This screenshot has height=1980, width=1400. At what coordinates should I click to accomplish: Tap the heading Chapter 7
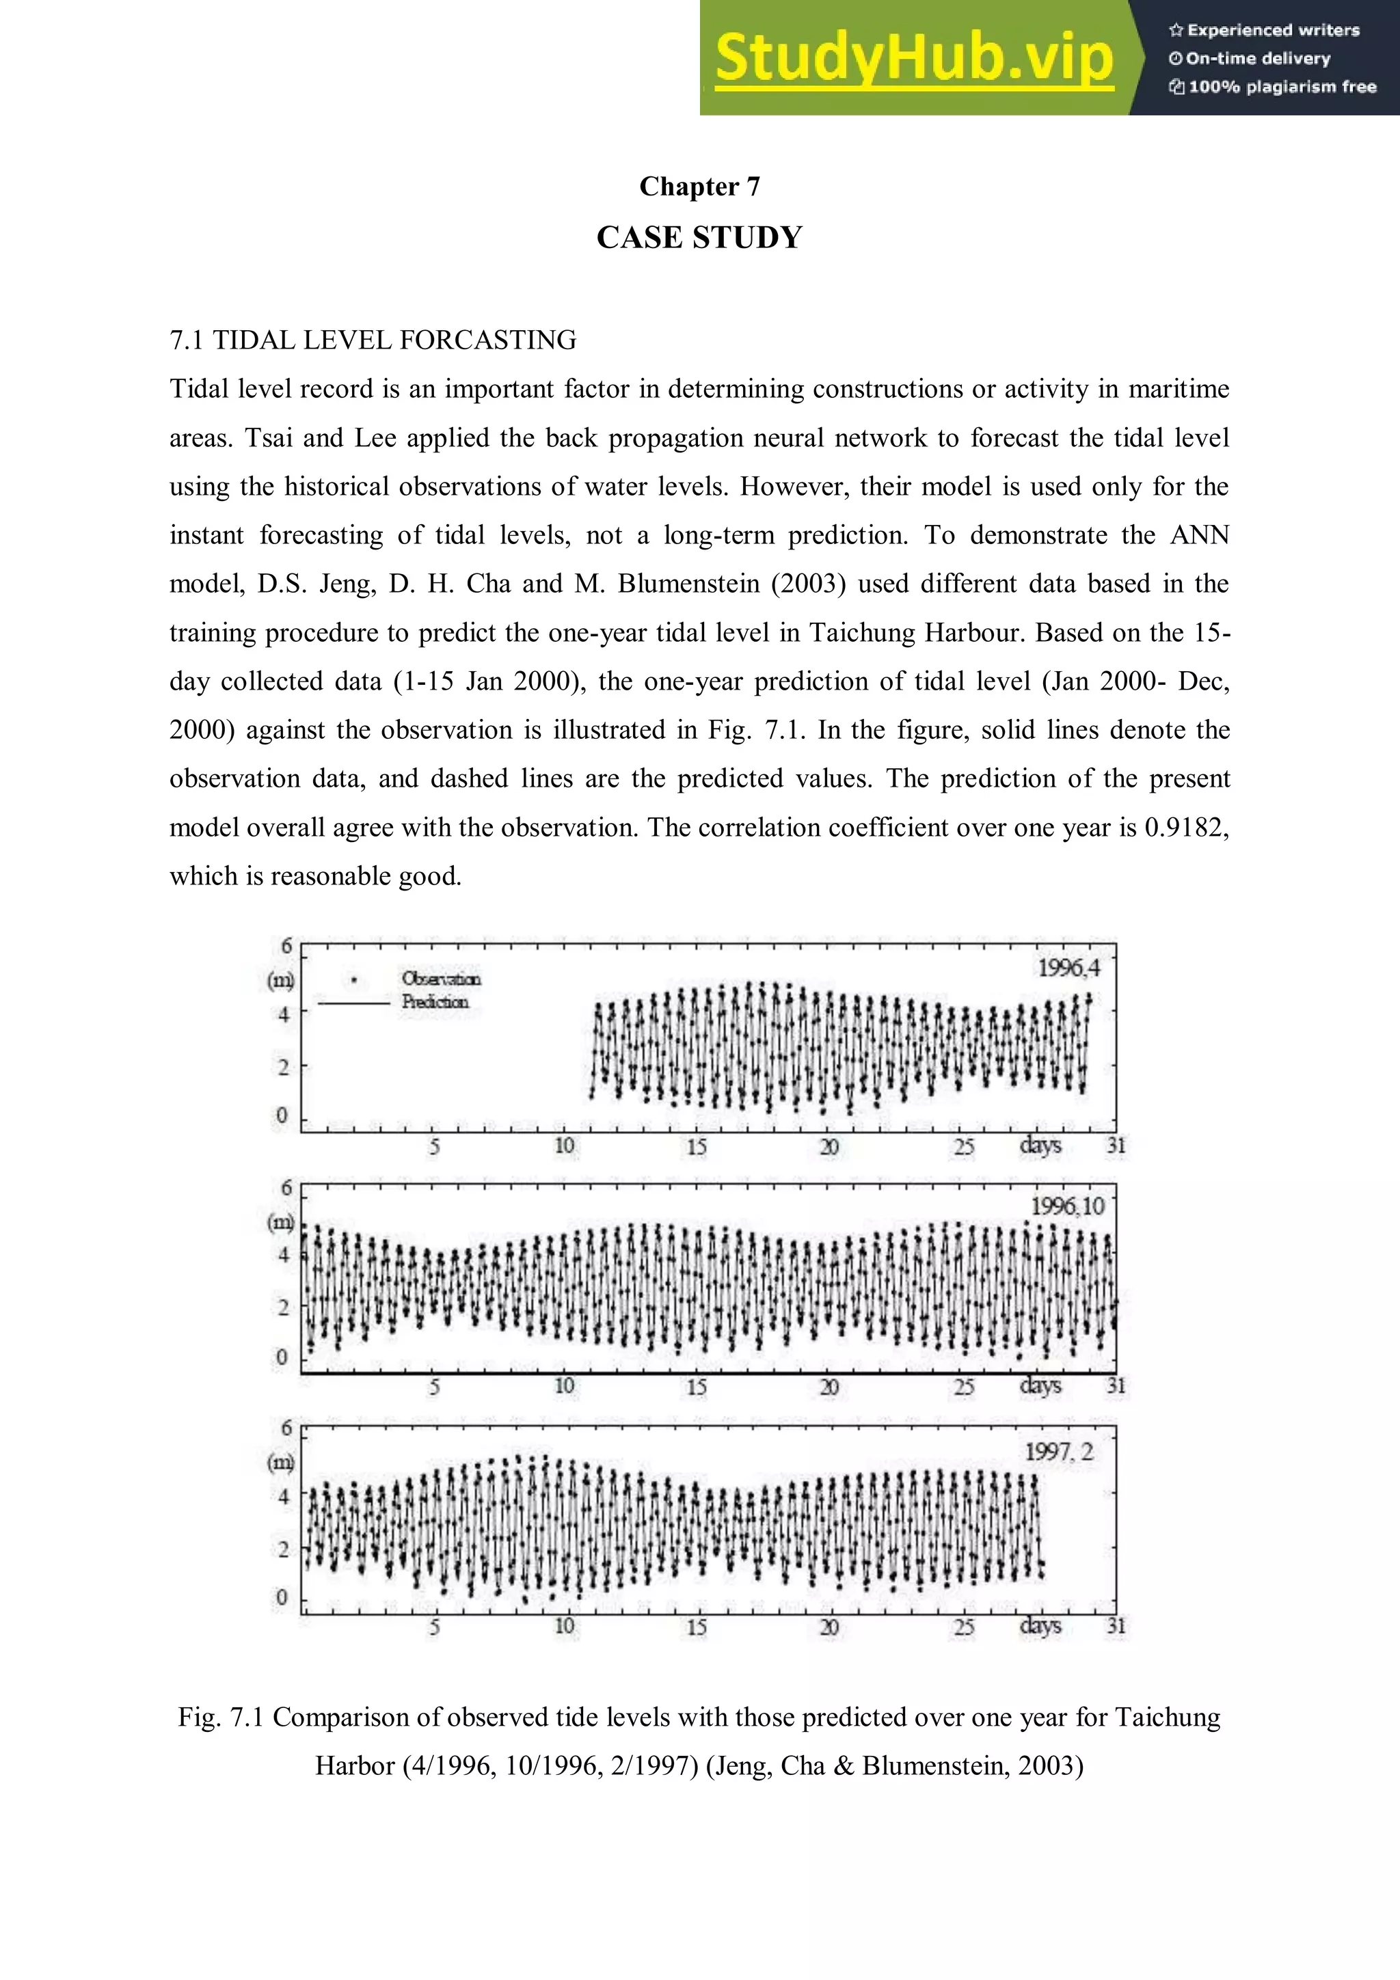pyautogui.click(x=699, y=187)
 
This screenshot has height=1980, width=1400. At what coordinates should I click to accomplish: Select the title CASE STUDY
pyautogui.click(x=699, y=237)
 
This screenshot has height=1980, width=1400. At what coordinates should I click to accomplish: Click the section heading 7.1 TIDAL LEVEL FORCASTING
pyautogui.click(x=373, y=340)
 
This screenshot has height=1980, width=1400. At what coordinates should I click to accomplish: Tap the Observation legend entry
pyautogui.click(x=441, y=979)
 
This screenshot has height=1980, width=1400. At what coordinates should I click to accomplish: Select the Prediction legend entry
pyautogui.click(x=435, y=1002)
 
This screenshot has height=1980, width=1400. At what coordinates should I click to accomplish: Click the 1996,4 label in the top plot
pyautogui.click(x=1068, y=968)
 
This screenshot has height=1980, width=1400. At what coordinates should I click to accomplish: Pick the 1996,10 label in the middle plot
pyautogui.click(x=1067, y=1206)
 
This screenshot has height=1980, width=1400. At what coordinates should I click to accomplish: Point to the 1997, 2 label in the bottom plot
pyautogui.click(x=1058, y=1452)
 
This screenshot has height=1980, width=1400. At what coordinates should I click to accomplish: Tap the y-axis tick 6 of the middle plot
pyautogui.click(x=286, y=1189)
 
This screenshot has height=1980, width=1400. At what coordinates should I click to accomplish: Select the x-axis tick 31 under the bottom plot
pyautogui.click(x=1116, y=1627)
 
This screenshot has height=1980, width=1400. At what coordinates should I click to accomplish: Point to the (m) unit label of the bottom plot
pyautogui.click(x=281, y=1462)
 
